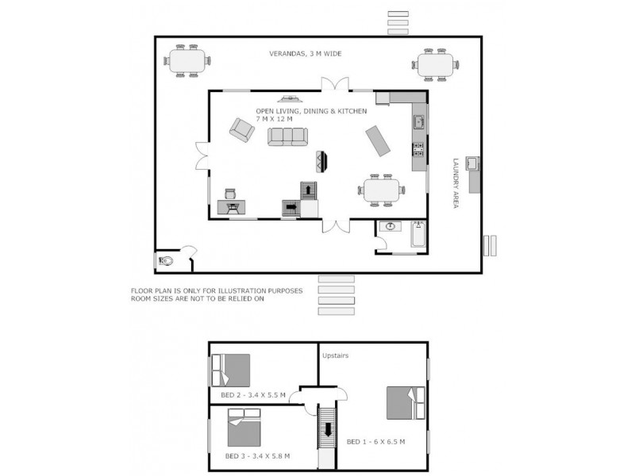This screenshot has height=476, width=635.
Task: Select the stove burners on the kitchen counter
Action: [418, 148]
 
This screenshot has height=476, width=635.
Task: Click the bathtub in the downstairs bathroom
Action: [418, 236]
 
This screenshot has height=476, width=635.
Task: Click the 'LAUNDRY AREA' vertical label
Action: [456, 183]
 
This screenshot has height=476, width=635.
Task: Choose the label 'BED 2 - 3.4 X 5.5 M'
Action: [252, 393]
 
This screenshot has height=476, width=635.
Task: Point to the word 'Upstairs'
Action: [336, 356]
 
